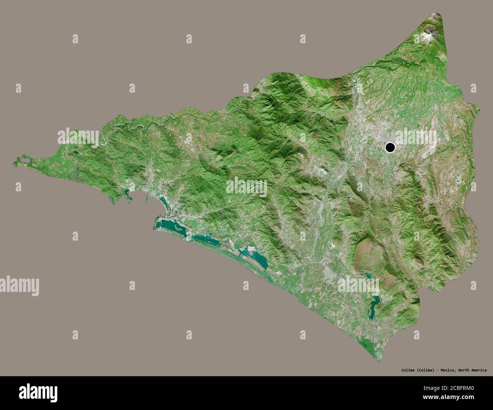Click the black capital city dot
(390, 147)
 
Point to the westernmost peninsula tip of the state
(14, 164)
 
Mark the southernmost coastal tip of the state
(378, 361)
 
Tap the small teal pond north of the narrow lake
(367, 276)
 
